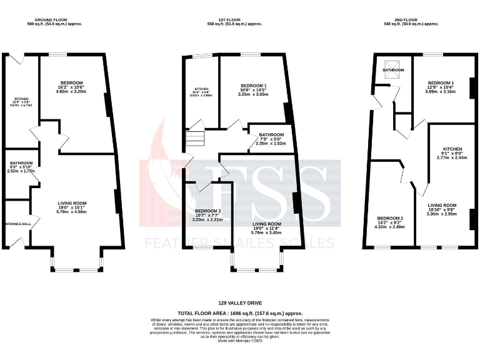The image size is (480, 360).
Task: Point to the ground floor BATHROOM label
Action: coord(21,163)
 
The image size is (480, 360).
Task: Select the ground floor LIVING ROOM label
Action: coord(71,203)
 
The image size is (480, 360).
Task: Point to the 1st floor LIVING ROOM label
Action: coord(266,223)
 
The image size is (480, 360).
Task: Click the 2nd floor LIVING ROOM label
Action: coord(442,205)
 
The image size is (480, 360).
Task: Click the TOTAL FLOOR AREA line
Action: coord(239,312)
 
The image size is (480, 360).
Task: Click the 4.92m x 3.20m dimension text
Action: coord(71,91)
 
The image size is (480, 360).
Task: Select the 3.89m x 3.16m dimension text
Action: coord(441,91)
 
